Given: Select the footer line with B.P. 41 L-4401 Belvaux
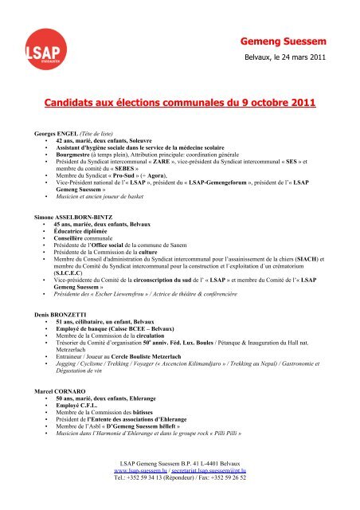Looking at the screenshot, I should point(180,486).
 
